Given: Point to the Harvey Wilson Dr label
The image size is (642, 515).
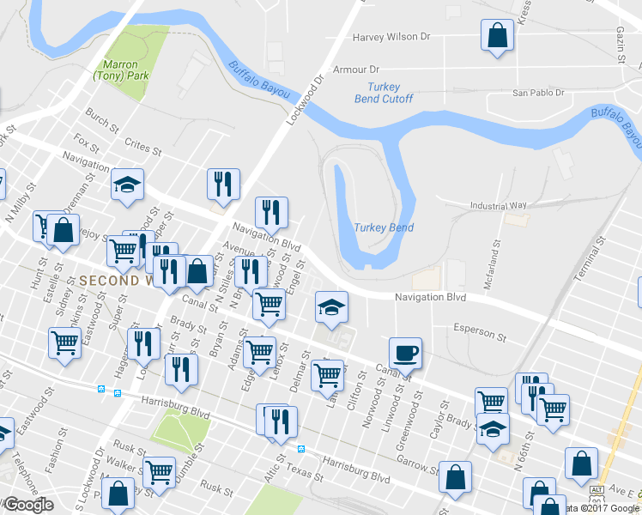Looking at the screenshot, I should coord(391,38).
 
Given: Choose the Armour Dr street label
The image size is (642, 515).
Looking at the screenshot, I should coord(356,70).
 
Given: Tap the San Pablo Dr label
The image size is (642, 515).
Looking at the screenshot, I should coord(538,93).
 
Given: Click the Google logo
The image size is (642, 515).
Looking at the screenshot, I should coord(28,506).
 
